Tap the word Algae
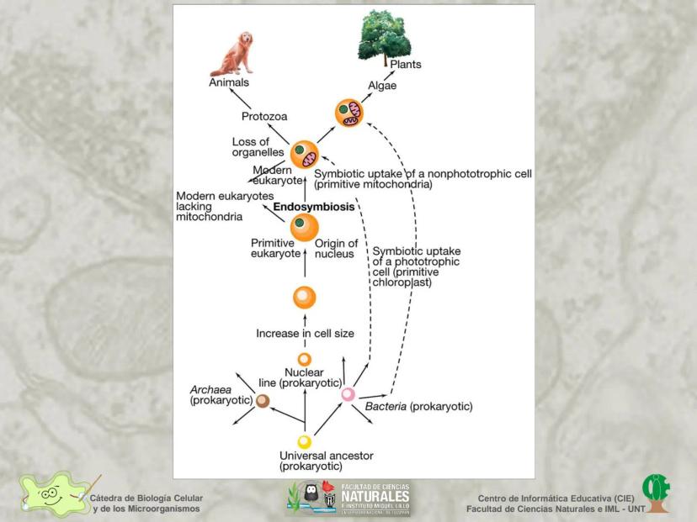coord(382,86)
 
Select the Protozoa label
coord(265,117)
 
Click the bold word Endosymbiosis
coord(311,206)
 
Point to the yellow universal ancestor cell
coord(305,441)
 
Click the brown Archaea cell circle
coord(263,401)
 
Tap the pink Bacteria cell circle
coord(348,393)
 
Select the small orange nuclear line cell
coord(305,360)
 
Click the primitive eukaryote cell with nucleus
coord(305,226)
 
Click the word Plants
coord(405,65)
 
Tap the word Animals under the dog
coord(229,82)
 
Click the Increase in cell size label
coord(305,334)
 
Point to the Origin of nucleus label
coord(336,249)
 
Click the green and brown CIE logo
coord(656,493)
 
